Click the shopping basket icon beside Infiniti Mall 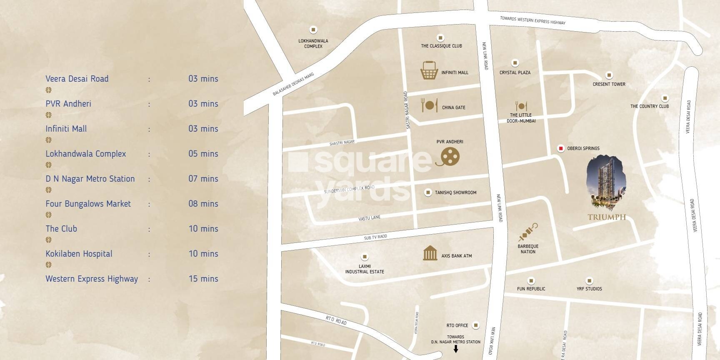(x=429, y=70)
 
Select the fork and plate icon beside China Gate (x=429, y=105)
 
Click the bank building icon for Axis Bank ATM (x=430, y=253)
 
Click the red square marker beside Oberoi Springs (x=561, y=148)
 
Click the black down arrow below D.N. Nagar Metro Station (x=456, y=349)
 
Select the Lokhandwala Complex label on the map (x=313, y=43)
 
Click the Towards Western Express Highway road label (x=532, y=20)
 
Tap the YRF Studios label (x=589, y=288)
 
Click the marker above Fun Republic (x=531, y=280)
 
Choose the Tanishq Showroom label (x=455, y=192)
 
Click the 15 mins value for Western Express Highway (x=203, y=279)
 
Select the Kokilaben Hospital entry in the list (x=79, y=254)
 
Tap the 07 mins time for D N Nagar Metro (x=203, y=179)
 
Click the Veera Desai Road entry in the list (x=77, y=79)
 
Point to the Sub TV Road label (x=375, y=237)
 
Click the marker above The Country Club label (x=665, y=98)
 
